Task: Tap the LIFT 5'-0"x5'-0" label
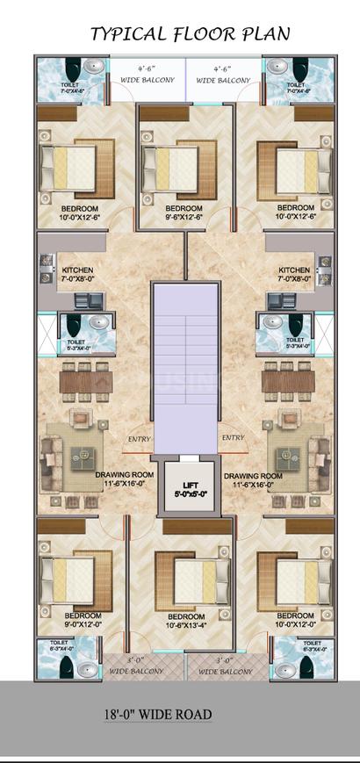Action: pos(184,489)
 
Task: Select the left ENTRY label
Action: pos(139,438)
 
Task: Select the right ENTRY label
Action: pos(233,438)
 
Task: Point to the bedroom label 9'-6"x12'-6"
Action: pos(184,213)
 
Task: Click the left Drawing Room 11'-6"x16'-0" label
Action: pos(125,479)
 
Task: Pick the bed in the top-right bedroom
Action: pos(292,164)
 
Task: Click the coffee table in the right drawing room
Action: pos(288,456)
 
